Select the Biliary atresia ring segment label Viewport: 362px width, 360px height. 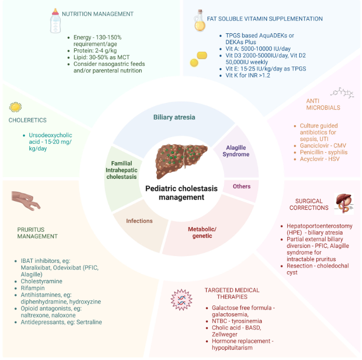174,117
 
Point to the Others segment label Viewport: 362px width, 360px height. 242,186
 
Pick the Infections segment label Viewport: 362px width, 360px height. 139,221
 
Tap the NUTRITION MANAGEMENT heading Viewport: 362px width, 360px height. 98,14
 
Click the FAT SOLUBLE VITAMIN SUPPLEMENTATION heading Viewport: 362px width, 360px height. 265,19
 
